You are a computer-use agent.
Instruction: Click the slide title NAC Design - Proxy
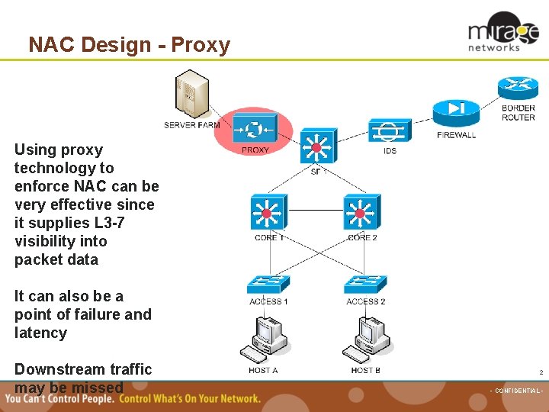(129, 45)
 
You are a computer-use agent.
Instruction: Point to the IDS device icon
(390, 130)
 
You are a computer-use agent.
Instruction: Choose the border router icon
(518, 89)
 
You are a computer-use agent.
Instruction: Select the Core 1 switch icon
(268, 212)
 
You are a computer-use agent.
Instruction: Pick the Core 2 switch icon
(362, 212)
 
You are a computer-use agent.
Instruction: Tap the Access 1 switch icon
(268, 284)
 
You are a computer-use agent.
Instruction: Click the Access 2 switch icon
(365, 284)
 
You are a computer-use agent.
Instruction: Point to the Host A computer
(264, 339)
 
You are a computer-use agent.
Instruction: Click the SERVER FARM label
(191, 125)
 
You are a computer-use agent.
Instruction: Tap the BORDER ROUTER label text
(518, 113)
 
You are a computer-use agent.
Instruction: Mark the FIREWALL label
(457, 136)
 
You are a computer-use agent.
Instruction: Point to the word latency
(40, 333)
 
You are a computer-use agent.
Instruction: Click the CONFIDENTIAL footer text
(515, 391)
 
